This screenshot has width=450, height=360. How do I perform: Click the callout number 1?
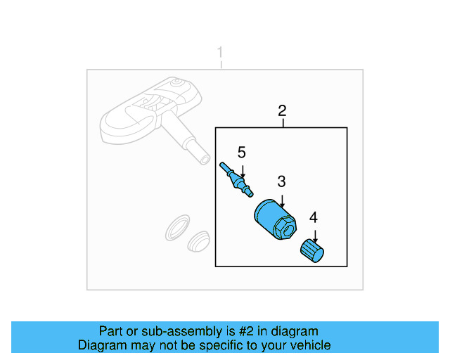click(221, 53)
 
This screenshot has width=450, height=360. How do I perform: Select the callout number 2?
click(282, 110)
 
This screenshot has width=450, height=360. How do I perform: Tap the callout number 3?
click(281, 181)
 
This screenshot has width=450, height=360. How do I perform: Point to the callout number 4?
click(314, 217)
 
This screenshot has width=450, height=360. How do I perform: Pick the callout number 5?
click(241, 152)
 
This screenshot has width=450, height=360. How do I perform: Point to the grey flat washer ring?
click(176, 228)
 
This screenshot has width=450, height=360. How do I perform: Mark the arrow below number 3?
click(282, 199)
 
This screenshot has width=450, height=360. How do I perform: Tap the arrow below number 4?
click(314, 235)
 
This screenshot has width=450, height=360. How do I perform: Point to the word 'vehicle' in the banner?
click(310, 345)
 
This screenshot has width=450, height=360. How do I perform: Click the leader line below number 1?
click(221, 65)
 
